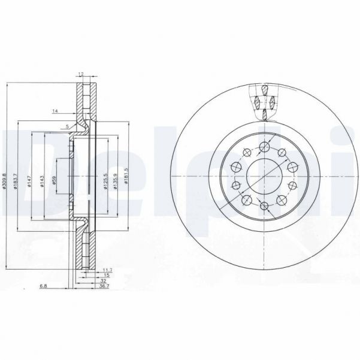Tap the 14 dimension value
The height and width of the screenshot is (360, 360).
coord(55,112)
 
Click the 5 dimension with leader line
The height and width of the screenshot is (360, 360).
coord(68,126)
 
